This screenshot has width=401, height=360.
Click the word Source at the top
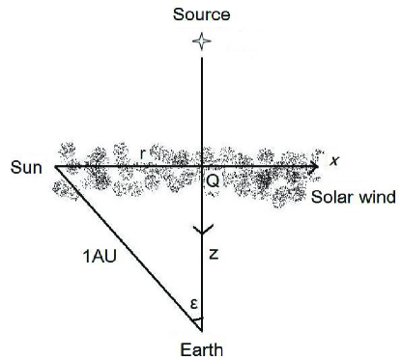[x=201, y=14]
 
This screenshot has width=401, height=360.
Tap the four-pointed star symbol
[x=201, y=42]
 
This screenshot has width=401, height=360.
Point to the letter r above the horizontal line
[x=142, y=152]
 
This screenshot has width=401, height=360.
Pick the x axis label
[x=334, y=160]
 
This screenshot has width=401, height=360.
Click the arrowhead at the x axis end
[x=314, y=167]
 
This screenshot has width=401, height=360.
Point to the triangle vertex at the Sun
[x=55, y=167]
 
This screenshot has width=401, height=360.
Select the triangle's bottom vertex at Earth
[x=202, y=329]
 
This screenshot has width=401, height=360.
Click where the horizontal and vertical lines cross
[x=202, y=167]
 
